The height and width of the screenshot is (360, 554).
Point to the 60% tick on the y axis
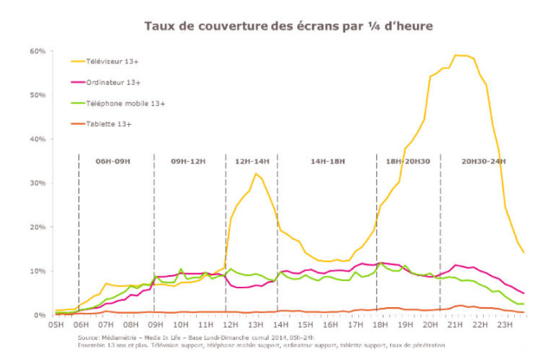pos(37,51)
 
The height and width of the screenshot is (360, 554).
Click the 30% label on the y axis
pos(37,183)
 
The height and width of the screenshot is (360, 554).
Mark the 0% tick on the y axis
pos(40,315)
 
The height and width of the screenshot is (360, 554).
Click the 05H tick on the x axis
pos(56,324)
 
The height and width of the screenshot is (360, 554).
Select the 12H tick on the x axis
pos(229,324)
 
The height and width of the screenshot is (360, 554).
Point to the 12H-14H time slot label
pos(251,162)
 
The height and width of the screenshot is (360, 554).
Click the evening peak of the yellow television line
pos(460,56)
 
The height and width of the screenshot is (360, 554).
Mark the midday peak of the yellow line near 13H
pos(256,173)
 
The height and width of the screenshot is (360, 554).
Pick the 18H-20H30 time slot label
pos(407,162)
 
